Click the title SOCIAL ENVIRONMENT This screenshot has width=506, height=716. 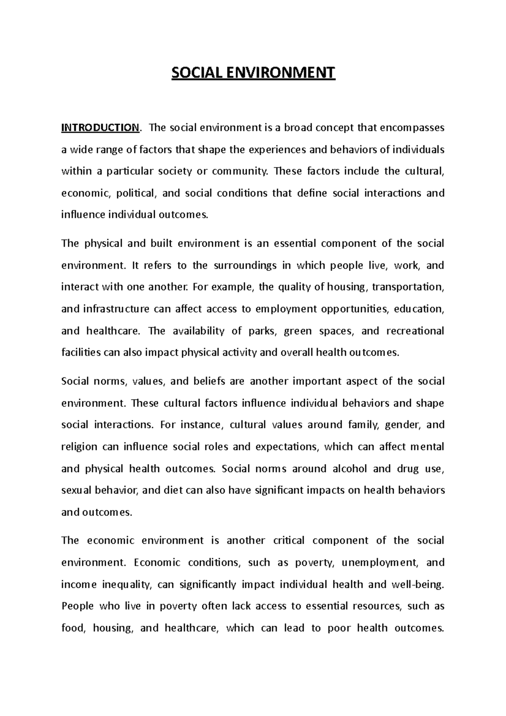click(253, 73)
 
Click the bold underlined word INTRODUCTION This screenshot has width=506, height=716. click(100, 127)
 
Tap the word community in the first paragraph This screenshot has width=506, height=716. click(240, 171)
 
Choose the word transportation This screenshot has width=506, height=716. click(409, 287)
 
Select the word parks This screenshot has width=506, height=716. click(262, 331)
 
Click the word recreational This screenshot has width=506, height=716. click(415, 331)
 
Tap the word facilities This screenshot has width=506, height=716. click(81, 353)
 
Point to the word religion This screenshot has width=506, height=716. click(79, 447)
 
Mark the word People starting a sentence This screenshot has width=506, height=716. click(77, 606)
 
